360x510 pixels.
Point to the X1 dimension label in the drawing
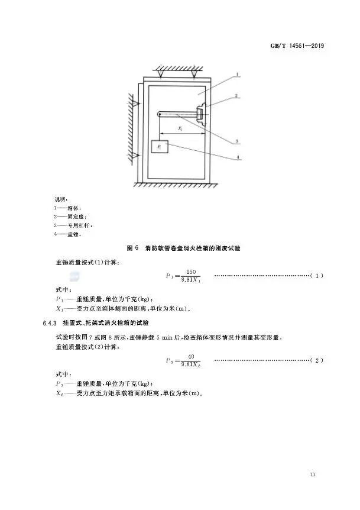click(180, 128)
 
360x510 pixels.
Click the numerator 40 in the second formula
click(190, 356)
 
